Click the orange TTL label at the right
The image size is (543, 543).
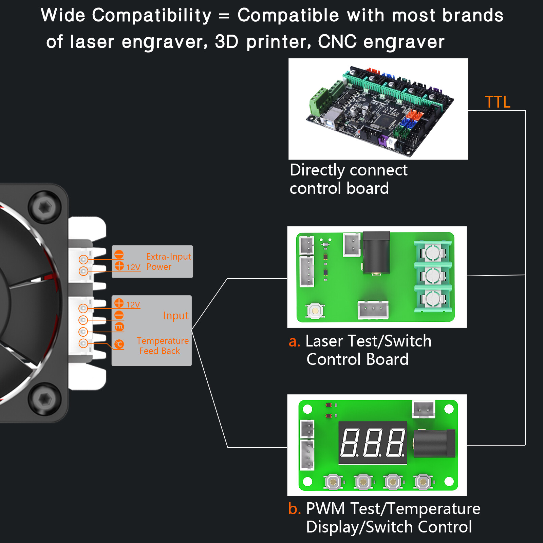click(498, 102)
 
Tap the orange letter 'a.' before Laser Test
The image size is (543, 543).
click(294, 341)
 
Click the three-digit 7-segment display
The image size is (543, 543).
click(373, 443)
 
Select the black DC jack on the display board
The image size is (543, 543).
click(434, 443)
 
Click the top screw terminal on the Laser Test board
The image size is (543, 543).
click(433, 252)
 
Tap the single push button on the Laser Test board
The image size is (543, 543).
click(315, 311)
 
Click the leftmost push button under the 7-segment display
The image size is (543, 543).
click(333, 482)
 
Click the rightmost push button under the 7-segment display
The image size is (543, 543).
click(423, 482)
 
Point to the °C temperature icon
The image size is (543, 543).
click(119, 344)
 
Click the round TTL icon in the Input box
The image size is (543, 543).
click(119, 327)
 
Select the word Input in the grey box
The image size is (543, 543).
click(175, 316)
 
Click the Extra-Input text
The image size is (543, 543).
click(169, 257)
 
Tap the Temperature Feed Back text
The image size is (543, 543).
click(162, 345)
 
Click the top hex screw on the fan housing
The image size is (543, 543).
click(44, 207)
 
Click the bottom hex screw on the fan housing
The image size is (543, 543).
click(44, 399)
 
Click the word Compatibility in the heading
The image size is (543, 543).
click(152, 16)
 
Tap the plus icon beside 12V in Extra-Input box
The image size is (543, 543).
click(119, 266)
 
